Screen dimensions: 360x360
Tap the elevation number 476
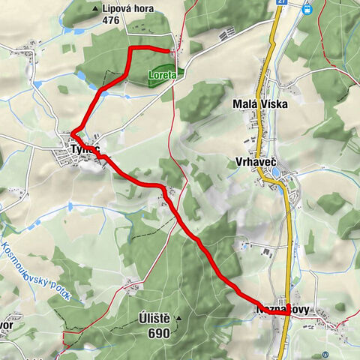pos(110,21)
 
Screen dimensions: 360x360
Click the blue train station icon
pos(307,10)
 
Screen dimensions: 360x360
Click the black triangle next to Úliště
pos(178,319)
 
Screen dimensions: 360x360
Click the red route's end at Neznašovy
pos(287,313)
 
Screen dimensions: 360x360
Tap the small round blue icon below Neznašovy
pos(325,354)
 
